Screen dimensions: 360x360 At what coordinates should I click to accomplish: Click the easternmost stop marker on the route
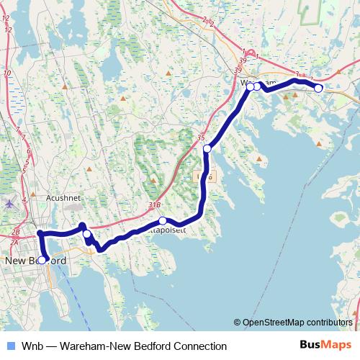click(318, 88)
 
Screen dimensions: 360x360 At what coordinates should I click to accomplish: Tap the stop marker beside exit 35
click(207, 149)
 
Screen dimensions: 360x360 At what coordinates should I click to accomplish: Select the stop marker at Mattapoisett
click(163, 221)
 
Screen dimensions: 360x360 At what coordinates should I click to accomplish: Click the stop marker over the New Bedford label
click(42, 259)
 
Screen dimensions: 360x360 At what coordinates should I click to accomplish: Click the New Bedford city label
click(35, 260)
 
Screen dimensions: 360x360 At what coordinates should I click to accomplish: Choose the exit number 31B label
click(154, 205)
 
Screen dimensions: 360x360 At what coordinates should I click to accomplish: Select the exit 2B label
click(16, 232)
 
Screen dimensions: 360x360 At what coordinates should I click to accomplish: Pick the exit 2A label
click(14, 243)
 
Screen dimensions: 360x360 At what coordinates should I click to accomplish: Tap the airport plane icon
click(8, 203)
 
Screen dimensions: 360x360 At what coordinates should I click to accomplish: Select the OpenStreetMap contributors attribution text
click(295, 323)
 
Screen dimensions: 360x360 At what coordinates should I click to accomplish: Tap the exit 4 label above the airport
click(24, 199)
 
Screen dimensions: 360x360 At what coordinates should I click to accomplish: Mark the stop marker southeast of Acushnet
click(86, 234)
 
